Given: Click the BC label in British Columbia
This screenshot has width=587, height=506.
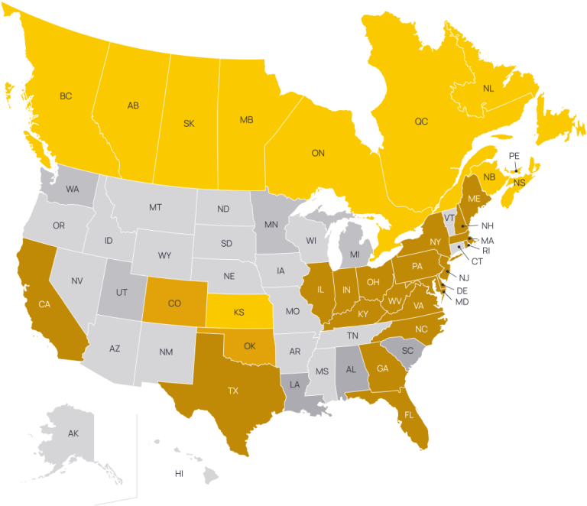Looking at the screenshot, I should pyautogui.click(x=66, y=96).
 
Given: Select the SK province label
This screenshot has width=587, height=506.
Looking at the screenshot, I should pyautogui.click(x=189, y=123).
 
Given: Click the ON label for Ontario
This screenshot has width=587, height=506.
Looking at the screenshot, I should pyautogui.click(x=318, y=153).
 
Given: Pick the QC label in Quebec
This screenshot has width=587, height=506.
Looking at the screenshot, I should pyautogui.click(x=421, y=122).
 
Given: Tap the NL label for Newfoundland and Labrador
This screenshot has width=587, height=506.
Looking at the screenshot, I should pyautogui.click(x=489, y=89).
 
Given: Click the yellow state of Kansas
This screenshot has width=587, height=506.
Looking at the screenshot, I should pyautogui.click(x=239, y=313).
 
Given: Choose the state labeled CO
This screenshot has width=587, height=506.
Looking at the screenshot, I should pyautogui.click(x=174, y=303).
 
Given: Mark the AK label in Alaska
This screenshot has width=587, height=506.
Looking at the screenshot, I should pyautogui.click(x=73, y=433).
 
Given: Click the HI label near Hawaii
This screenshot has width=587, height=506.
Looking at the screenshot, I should pyautogui.click(x=179, y=473).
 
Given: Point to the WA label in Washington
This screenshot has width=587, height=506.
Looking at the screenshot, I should pyautogui.click(x=73, y=189).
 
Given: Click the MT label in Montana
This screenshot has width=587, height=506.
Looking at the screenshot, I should pyautogui.click(x=155, y=207).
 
